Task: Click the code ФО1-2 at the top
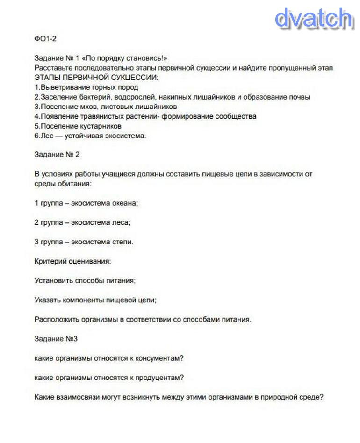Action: (45, 39)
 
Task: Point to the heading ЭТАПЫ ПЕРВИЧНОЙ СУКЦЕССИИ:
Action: (96, 78)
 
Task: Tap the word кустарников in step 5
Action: (99, 126)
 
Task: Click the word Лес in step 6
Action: (45, 136)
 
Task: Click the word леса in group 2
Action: (122, 222)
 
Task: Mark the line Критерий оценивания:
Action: (72, 261)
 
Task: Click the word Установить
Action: (54, 281)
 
